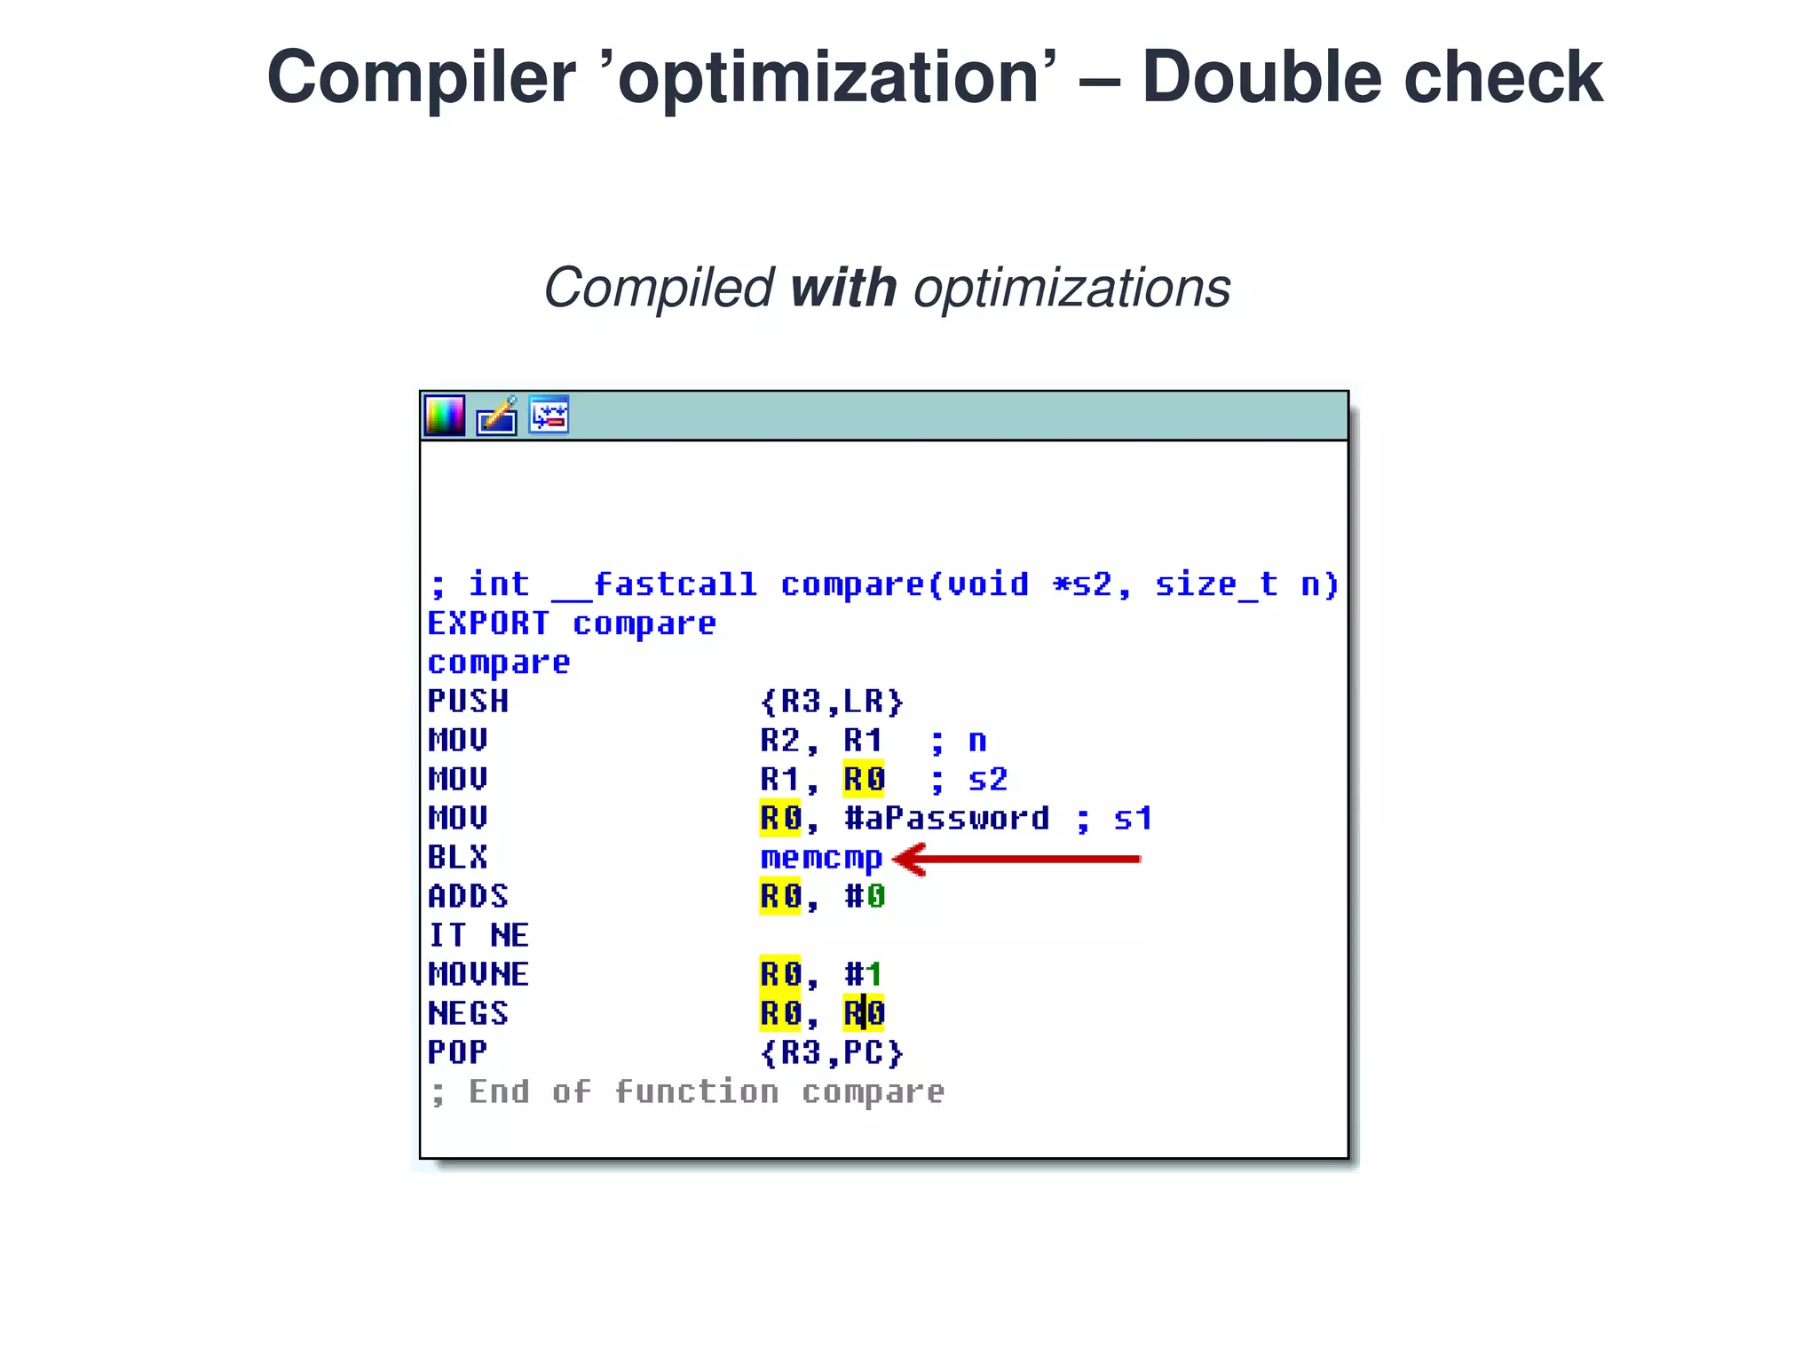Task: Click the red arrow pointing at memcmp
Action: [x=1016, y=859]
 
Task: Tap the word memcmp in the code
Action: [x=821, y=858]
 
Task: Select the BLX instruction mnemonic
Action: [x=457, y=858]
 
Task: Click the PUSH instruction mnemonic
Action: [x=468, y=702]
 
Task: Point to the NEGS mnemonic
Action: [x=468, y=1013]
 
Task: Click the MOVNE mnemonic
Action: [x=478, y=974]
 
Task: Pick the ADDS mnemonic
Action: [x=468, y=897]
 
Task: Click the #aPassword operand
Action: [x=946, y=818]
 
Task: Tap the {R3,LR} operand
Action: [x=832, y=702]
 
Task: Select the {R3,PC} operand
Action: [x=832, y=1053]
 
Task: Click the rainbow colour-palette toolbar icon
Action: [x=444, y=416]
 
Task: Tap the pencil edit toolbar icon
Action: [x=497, y=416]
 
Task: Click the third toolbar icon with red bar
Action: [x=549, y=416]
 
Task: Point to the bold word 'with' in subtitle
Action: [x=843, y=288]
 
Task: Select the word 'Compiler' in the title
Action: [x=422, y=77]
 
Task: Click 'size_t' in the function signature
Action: [x=1216, y=584]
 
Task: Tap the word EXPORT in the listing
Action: [x=488, y=623]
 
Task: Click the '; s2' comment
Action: [x=969, y=780]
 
